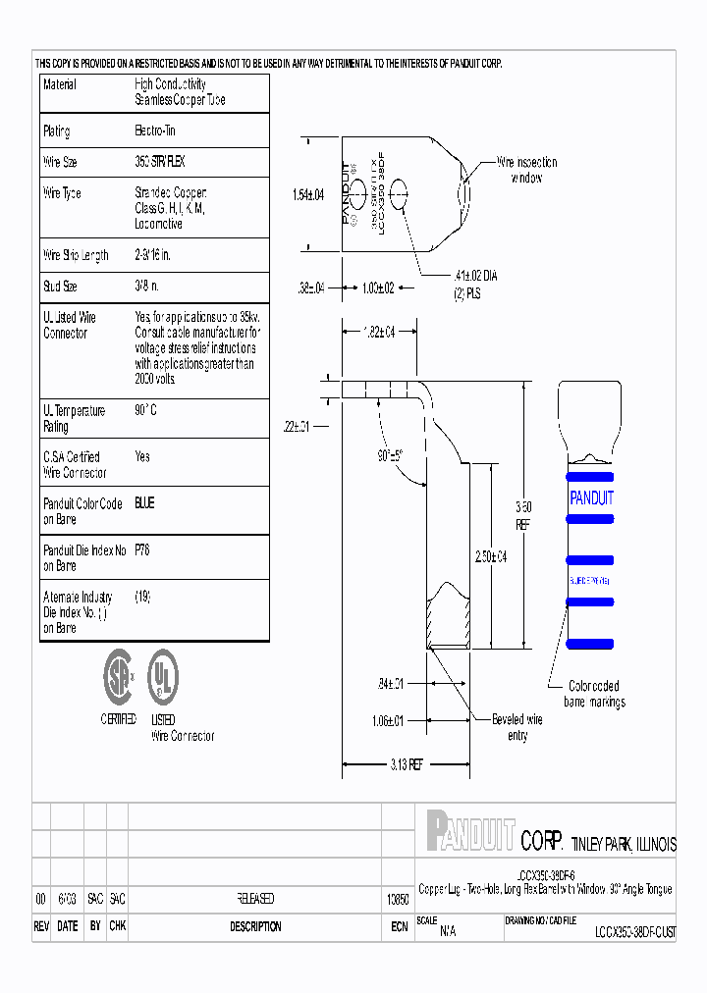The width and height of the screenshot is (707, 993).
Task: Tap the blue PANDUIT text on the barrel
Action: [591, 497]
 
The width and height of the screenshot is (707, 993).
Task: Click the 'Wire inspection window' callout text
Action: [526, 170]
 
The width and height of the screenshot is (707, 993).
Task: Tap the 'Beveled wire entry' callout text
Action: [517, 727]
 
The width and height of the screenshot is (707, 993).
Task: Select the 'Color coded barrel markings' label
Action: [594, 694]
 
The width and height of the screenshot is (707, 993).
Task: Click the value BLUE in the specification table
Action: [144, 503]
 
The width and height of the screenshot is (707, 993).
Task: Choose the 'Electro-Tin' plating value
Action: [155, 131]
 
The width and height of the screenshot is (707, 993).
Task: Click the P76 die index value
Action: [143, 550]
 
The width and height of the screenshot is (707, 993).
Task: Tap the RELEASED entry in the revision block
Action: [255, 898]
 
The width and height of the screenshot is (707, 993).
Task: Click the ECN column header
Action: [399, 926]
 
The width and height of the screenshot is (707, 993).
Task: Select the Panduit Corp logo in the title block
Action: [471, 830]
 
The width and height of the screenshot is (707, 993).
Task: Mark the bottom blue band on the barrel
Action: [591, 642]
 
